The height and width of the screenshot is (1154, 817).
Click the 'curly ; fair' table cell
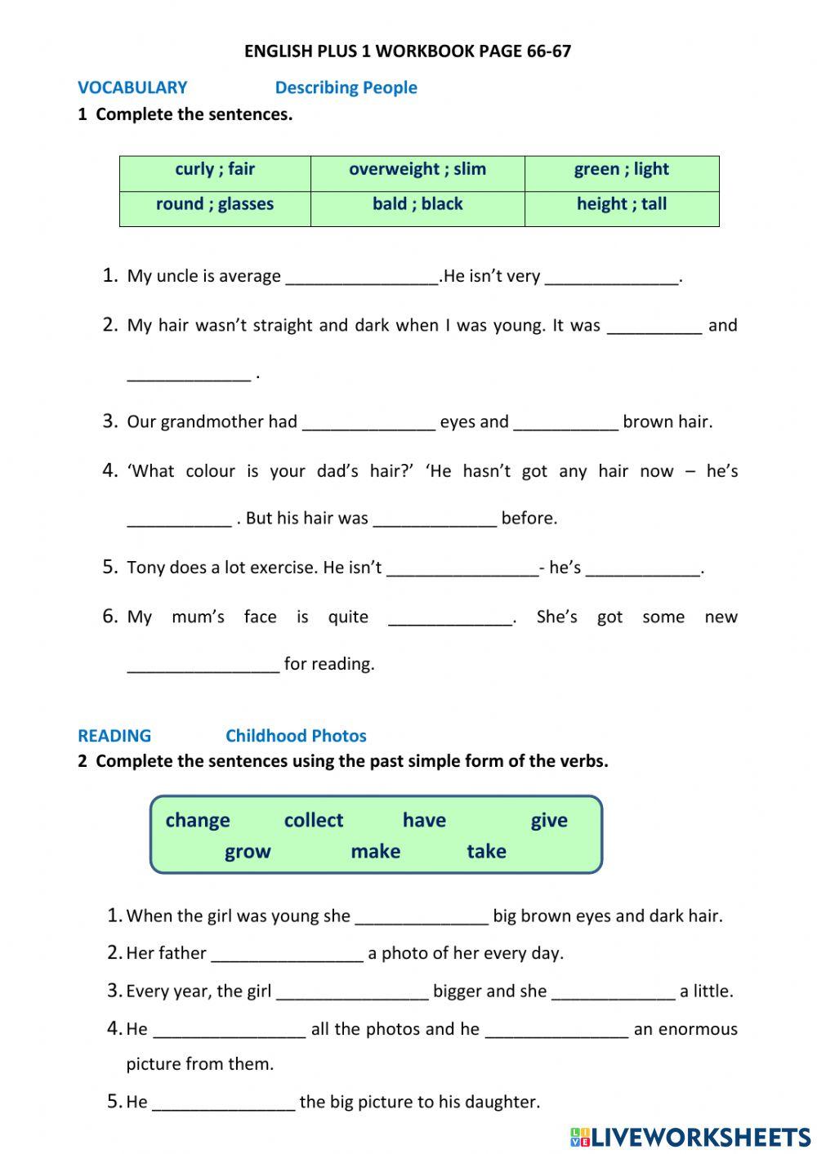(x=215, y=170)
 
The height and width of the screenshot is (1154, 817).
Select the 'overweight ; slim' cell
(x=417, y=170)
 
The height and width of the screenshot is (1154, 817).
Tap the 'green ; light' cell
(x=621, y=170)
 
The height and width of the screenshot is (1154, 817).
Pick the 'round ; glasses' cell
(x=215, y=205)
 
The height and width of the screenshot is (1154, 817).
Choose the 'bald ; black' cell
(x=417, y=205)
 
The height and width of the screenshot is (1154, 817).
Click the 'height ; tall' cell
(x=621, y=205)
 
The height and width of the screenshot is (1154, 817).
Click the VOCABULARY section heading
(x=132, y=88)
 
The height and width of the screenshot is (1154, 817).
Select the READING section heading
(x=114, y=736)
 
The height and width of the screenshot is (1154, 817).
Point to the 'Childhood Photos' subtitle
(x=296, y=736)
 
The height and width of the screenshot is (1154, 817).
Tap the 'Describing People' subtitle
(x=346, y=88)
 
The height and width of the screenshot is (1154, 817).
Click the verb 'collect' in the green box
(x=314, y=821)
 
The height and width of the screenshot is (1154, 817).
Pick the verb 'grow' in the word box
(x=248, y=852)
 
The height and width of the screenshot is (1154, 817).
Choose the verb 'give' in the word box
(x=549, y=821)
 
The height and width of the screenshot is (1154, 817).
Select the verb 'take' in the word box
(x=486, y=852)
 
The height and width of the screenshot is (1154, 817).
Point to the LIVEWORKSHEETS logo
(x=690, y=1137)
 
